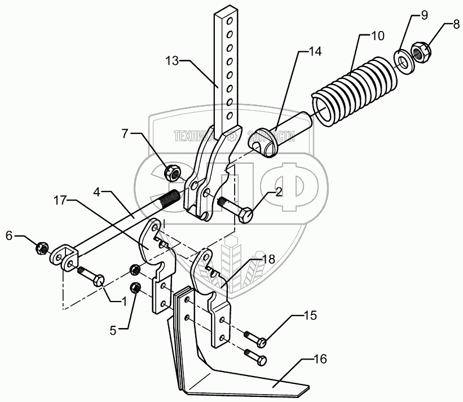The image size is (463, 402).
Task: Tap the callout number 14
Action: click(314, 52)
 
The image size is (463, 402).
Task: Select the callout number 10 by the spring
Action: click(377, 36)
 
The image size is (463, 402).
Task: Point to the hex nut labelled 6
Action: click(41, 248)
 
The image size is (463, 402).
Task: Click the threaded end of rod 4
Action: click(171, 198)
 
